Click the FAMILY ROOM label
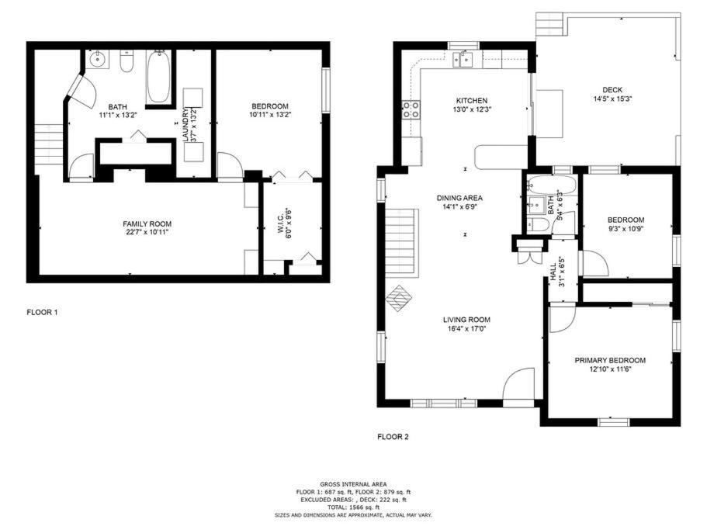point(147,224)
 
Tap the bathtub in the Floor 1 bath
point(158,77)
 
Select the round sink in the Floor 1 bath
point(97,59)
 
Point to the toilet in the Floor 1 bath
point(126,62)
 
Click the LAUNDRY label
point(185,125)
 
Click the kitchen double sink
point(463,60)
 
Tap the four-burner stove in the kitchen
point(411,109)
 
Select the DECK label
point(612,90)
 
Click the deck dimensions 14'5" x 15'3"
point(612,99)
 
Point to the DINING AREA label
point(459,198)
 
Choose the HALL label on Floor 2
point(553,272)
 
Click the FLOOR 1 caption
point(42,312)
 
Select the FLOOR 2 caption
point(393,437)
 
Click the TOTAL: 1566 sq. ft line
point(353,507)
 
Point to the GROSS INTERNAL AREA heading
point(353,484)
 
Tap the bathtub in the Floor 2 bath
point(552,185)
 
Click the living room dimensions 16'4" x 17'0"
point(466,328)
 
